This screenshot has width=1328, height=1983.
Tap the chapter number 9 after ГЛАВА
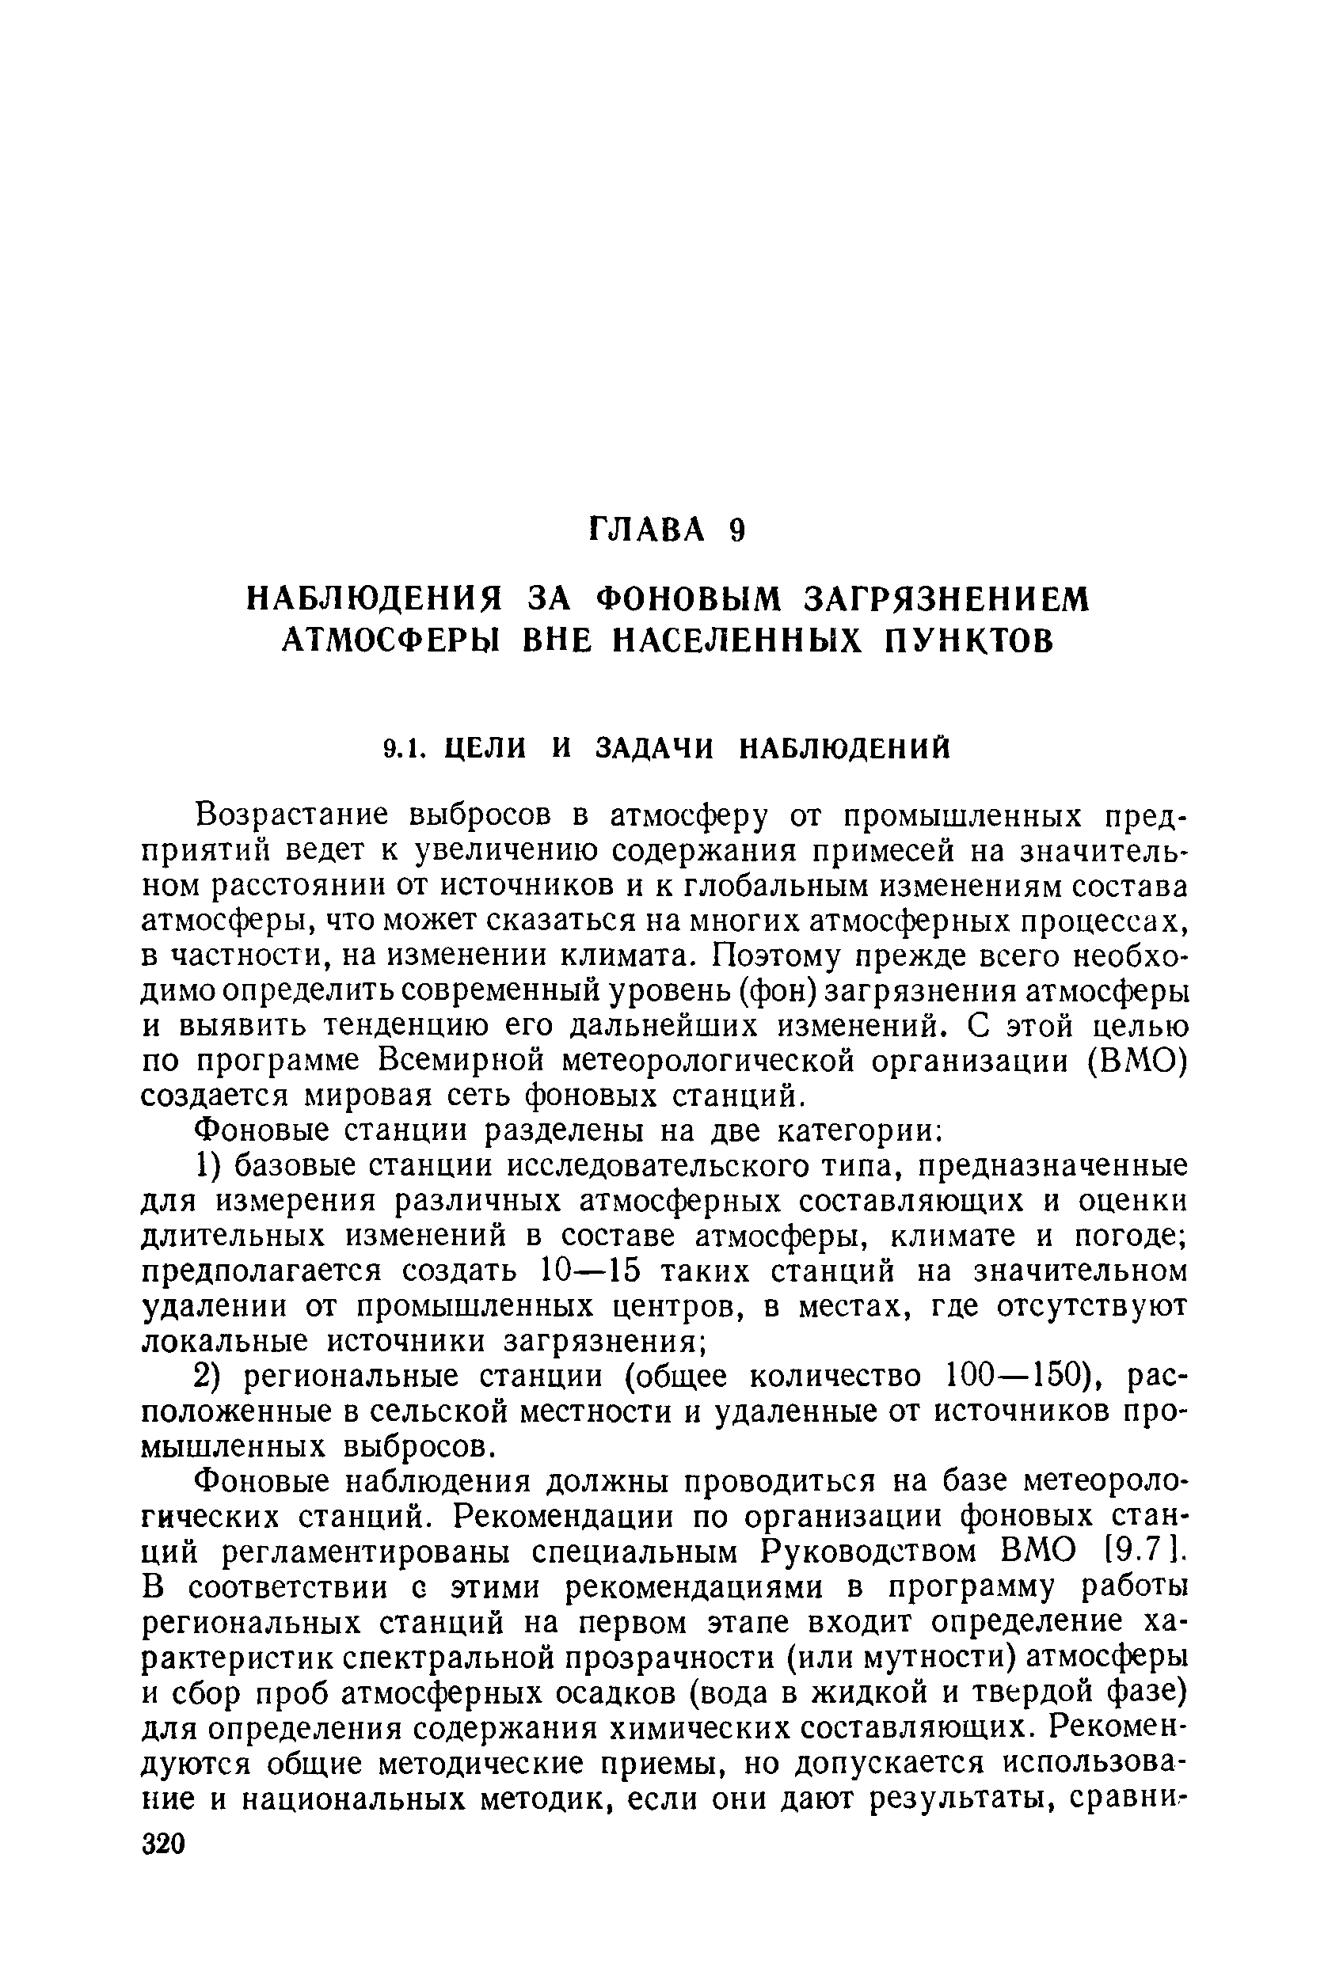tap(736, 530)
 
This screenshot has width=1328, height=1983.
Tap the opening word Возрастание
tap(292, 815)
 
